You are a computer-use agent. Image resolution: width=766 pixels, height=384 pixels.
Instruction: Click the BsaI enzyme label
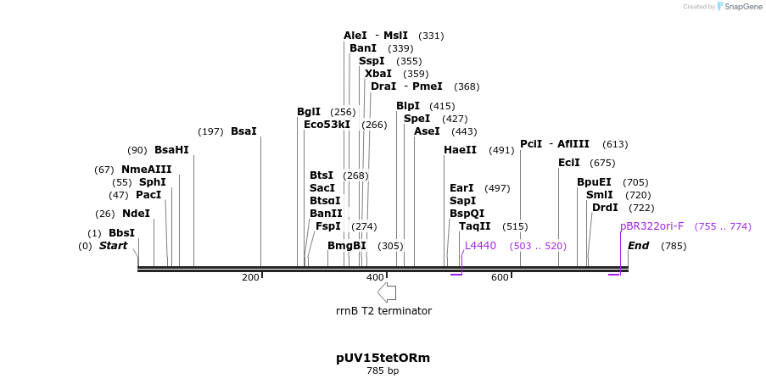pos(243,131)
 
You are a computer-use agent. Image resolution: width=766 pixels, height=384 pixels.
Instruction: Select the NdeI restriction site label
pos(136,214)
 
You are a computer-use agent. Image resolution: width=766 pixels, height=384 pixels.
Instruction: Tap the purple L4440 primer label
pos(480,246)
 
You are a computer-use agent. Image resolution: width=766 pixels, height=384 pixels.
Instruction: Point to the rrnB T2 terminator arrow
pos(387,292)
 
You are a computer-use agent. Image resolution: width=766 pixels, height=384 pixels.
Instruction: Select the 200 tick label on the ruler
pos(250,278)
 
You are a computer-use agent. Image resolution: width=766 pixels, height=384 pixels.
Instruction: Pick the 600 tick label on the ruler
pos(500,278)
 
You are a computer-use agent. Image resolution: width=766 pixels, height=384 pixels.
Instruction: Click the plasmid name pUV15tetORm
pos(383,358)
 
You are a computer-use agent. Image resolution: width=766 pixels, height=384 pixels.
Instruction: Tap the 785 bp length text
pos(383,371)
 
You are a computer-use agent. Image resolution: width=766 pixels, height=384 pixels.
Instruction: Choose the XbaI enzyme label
pos(378,74)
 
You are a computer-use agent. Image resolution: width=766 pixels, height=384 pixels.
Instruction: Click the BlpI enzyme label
pos(408,106)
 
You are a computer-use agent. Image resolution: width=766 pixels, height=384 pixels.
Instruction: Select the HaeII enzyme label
pos(461,150)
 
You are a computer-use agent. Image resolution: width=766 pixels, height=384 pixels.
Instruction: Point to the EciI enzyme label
pos(569,163)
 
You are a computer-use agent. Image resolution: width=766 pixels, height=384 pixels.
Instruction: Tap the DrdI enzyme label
pos(605,208)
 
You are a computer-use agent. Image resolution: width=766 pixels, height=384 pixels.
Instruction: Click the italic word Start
pos(113,246)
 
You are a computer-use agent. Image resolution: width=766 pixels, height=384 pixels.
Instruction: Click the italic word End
pos(639,246)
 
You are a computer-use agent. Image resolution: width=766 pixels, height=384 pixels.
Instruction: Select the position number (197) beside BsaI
pos(210,131)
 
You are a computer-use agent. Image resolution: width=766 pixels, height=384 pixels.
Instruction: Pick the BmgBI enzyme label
pos(347,246)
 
